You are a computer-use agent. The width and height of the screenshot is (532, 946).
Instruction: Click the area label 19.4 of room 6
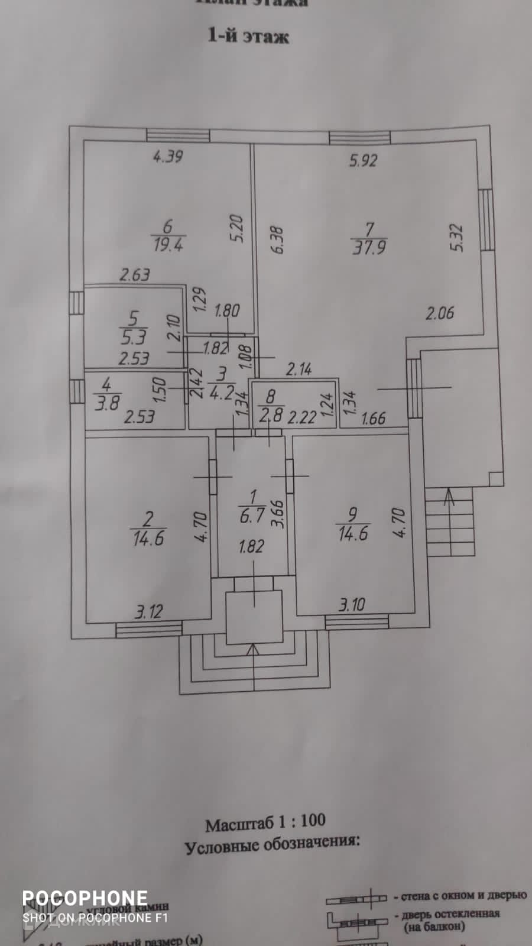[168, 245]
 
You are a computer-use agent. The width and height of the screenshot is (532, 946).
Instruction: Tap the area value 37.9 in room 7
[369, 247]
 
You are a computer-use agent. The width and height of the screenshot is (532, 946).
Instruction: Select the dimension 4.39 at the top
[168, 157]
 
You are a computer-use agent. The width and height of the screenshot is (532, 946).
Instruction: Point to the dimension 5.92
[363, 160]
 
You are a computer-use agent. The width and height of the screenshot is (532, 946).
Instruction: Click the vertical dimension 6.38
[277, 239]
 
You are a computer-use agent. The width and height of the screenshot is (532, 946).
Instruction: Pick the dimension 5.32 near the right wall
[457, 237]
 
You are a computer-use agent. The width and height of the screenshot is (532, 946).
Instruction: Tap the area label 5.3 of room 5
[134, 338]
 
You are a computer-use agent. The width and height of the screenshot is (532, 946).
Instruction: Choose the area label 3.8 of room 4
[106, 404]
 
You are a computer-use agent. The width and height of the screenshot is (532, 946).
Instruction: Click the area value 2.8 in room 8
[271, 414]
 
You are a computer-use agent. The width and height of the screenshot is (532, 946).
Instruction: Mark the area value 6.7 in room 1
[252, 516]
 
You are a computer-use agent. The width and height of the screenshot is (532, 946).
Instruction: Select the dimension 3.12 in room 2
[148, 611]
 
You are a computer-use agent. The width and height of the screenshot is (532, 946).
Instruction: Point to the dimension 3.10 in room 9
[352, 605]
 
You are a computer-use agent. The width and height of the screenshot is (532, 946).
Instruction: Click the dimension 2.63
[135, 275]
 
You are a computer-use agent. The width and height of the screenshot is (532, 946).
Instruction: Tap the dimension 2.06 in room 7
[440, 313]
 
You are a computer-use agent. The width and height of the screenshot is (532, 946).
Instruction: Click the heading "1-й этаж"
[248, 36]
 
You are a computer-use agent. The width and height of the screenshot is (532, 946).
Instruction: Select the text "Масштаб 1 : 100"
[265, 822]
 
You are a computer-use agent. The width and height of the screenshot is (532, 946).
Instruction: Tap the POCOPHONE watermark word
[85, 899]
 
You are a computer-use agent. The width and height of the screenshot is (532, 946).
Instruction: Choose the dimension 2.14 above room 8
[299, 370]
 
